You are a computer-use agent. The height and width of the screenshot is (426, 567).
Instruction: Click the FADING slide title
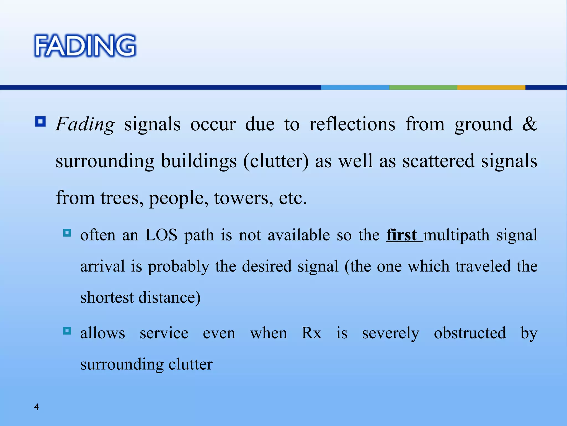[x=85, y=46]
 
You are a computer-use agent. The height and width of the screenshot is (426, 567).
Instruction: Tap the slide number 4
[x=36, y=407]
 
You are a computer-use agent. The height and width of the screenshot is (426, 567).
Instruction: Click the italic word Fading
[x=85, y=124]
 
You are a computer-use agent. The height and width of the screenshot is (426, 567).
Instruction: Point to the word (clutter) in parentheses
[x=276, y=161]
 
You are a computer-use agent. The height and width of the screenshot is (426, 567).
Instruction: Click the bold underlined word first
[x=402, y=235]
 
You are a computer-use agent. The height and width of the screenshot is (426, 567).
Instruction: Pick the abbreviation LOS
[x=161, y=235]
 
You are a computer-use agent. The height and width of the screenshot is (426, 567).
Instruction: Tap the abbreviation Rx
[x=311, y=333]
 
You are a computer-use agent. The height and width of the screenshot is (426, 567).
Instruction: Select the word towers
[x=243, y=198]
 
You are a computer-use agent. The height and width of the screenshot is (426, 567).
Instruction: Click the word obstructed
[x=470, y=333]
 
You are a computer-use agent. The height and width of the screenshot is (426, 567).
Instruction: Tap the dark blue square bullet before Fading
[x=40, y=121]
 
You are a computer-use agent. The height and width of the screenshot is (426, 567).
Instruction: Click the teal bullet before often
[x=67, y=232]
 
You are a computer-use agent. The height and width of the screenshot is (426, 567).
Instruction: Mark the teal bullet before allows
[x=67, y=331]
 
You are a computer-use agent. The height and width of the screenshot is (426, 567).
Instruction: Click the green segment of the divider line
[x=423, y=87]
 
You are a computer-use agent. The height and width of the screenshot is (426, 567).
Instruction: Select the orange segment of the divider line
[x=491, y=87]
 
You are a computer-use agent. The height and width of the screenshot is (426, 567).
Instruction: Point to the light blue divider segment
[x=355, y=87]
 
